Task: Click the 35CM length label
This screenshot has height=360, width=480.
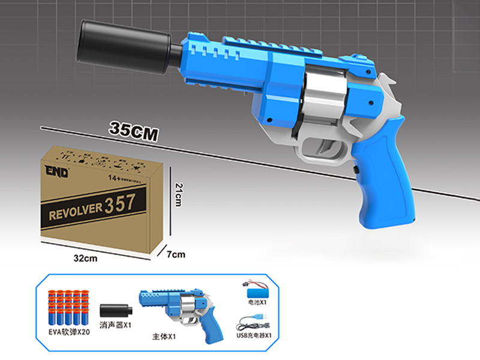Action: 133,130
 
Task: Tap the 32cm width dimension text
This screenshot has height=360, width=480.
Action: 85,259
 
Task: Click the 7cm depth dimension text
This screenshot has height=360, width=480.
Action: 175,254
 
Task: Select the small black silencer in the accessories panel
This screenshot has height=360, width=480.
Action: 115,310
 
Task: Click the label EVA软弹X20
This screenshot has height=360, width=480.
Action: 70,332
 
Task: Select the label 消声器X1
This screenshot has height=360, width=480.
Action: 116,325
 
